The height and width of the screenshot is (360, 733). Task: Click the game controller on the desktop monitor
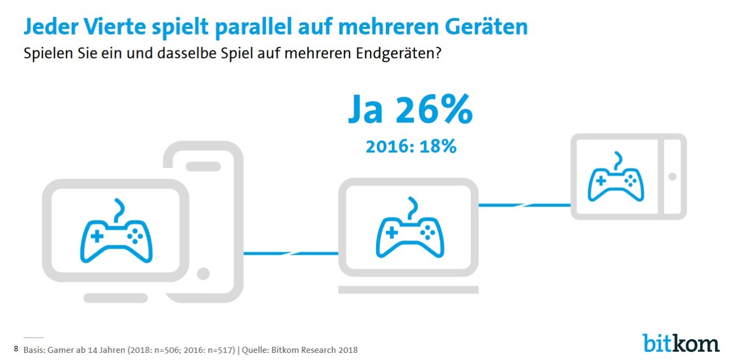point(116,235)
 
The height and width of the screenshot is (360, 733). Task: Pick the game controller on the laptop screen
point(408,232)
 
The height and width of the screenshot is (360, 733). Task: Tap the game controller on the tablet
point(616,178)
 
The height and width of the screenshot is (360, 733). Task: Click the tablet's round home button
point(672,176)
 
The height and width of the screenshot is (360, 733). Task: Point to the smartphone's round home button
point(203,273)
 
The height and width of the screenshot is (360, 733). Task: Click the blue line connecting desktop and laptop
point(291,253)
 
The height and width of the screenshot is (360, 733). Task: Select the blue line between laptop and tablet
point(524,205)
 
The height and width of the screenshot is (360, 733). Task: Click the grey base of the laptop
point(408,288)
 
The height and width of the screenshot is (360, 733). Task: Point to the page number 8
point(16,348)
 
